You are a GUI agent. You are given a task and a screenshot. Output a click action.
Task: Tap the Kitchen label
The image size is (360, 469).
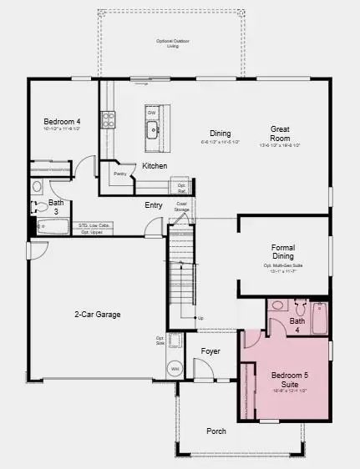155,166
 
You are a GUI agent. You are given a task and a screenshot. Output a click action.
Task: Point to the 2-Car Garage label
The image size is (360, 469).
97,315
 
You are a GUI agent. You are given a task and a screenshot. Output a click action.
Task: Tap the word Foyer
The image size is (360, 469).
210,351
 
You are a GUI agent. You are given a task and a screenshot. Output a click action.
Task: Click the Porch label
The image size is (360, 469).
216,431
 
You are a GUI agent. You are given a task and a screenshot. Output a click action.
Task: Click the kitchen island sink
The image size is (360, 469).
153,130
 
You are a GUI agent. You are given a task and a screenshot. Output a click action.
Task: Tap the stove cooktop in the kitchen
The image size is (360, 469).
108,119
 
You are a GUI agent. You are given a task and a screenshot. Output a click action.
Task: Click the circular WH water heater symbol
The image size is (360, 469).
175,368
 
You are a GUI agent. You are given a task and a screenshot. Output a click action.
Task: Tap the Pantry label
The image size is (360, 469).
119,174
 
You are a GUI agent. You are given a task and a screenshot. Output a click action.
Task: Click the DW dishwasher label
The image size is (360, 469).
151,113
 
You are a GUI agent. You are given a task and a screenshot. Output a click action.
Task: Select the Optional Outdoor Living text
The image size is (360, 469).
174,43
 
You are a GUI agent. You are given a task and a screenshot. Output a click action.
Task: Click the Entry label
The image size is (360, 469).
154,205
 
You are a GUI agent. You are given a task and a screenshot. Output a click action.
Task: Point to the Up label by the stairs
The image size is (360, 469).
200,318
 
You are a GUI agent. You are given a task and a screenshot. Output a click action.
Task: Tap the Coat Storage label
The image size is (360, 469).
180,206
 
